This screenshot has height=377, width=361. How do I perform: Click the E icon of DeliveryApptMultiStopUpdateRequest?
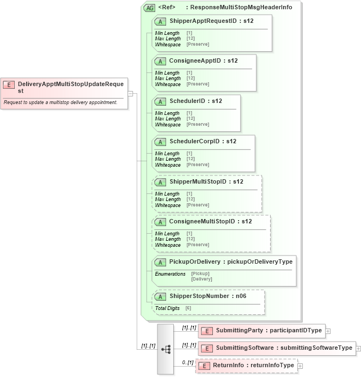[x=9, y=84]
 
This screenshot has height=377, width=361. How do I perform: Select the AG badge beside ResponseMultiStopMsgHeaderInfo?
[x=149, y=8]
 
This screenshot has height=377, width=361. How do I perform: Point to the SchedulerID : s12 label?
[x=195, y=101]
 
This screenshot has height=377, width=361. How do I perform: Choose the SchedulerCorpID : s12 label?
[x=203, y=141]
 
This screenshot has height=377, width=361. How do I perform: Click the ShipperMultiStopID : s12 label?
[x=206, y=181]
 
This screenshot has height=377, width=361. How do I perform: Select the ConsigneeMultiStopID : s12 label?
[x=210, y=221]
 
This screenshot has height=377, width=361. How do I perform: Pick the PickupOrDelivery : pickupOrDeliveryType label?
[x=231, y=262]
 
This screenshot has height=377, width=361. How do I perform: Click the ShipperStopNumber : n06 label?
[x=209, y=296]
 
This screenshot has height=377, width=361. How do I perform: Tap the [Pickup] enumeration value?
[x=200, y=273]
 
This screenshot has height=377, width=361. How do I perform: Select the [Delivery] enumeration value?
[x=201, y=279]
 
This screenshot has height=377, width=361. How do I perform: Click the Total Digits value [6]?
[x=188, y=308]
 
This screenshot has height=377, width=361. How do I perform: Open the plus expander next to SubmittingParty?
[x=328, y=331]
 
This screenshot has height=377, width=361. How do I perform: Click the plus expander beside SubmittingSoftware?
[x=359, y=348]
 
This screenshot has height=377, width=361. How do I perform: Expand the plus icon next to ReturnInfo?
[x=301, y=366]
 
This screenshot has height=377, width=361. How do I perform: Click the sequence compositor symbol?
[x=166, y=349]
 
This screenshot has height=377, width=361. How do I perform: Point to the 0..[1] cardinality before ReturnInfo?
[x=188, y=362]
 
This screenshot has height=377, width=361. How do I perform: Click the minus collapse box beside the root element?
[x=131, y=93]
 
